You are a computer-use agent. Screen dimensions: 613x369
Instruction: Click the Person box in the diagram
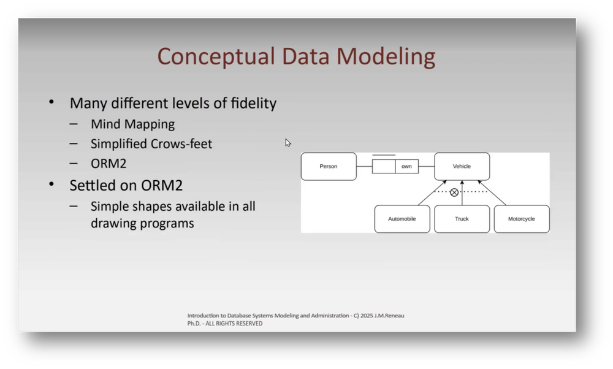click(x=329, y=166)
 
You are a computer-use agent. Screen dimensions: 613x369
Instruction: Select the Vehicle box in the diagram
click(x=462, y=166)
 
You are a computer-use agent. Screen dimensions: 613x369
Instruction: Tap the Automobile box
click(x=402, y=219)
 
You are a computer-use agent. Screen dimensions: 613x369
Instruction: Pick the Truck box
click(x=462, y=219)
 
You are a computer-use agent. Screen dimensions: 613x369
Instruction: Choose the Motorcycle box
click(x=522, y=219)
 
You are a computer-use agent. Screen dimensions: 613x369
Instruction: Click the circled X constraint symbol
click(x=454, y=192)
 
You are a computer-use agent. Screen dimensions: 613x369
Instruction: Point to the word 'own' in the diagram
click(x=406, y=166)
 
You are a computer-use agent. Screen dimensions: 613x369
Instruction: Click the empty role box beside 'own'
click(x=384, y=166)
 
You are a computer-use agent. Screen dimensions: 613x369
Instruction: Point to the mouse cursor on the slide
click(x=287, y=142)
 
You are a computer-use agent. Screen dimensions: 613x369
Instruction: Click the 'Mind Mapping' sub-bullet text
click(x=132, y=124)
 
